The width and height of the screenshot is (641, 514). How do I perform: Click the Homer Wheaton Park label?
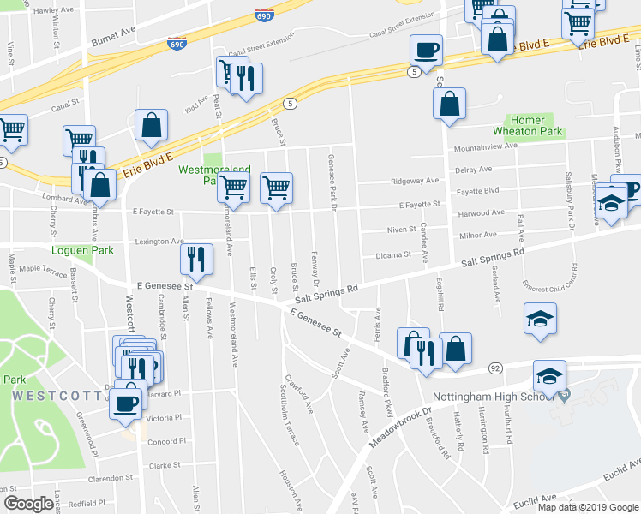[527, 125]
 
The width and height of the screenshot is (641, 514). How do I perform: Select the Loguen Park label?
[28, 252]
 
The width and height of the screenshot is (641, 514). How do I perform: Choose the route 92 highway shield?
[495, 368]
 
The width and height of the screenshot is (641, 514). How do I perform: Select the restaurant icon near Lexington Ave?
[197, 260]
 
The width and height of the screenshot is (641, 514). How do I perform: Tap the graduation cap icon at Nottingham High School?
[549, 376]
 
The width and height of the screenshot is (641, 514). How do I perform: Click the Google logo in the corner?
[28, 504]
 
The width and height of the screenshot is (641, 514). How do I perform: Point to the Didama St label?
[395, 254]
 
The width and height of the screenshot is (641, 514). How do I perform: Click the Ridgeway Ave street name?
[414, 181]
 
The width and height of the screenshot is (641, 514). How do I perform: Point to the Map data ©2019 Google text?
[587, 507]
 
